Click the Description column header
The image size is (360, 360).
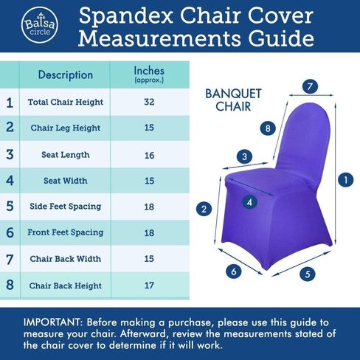coord(66,75)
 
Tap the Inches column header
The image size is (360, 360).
coord(149,73)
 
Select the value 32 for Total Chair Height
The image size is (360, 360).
coord(149,102)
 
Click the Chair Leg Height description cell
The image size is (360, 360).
coord(66,128)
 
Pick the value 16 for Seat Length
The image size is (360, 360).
coord(149,154)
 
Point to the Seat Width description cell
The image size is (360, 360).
coord(66,180)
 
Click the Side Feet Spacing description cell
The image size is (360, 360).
coord(66,207)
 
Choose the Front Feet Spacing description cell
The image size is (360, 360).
coord(66,232)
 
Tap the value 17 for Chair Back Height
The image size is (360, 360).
coord(149,285)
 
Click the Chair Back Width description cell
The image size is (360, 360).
coord(66,259)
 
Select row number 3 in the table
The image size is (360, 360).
coord(10,154)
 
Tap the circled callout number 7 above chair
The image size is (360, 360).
coord(311,87)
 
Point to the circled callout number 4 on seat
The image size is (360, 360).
coord(250,201)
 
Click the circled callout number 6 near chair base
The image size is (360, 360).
coord(234,271)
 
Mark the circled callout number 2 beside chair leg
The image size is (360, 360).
coord(203,209)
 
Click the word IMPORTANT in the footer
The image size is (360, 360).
coord(53,322)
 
